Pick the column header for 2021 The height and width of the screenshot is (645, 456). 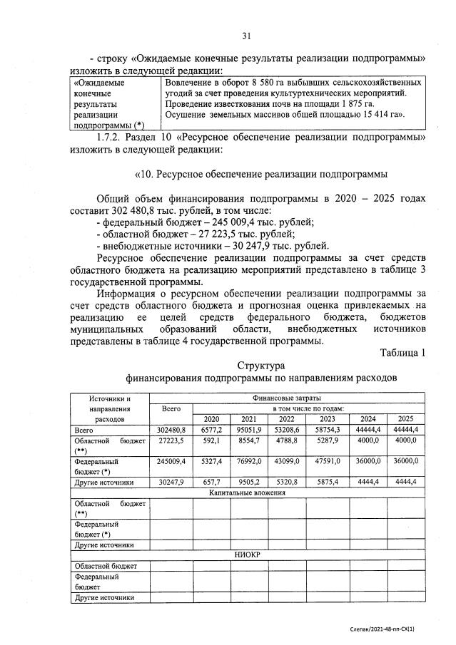pyautogui.click(x=249, y=419)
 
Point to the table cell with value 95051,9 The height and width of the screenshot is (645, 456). pyautogui.click(x=249, y=430)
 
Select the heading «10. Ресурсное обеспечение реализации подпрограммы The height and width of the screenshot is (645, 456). pyautogui.click(x=261, y=173)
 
